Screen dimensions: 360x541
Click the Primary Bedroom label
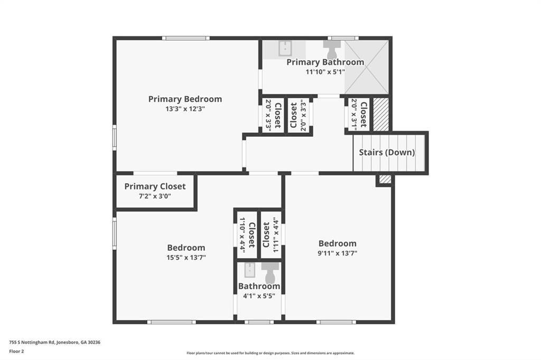(x=185, y=99)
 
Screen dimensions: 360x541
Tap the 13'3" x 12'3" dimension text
(x=185, y=109)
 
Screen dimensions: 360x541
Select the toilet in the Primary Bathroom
(x=332, y=51)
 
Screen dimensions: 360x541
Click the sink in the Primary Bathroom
(x=285, y=48)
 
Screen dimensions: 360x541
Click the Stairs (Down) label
(x=387, y=153)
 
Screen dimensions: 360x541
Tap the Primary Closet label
(x=155, y=186)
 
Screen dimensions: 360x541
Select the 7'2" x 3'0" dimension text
(x=155, y=196)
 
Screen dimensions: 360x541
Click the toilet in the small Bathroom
(x=270, y=272)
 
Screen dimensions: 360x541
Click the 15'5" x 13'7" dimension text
(x=186, y=258)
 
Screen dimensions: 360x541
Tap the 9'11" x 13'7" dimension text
(x=337, y=253)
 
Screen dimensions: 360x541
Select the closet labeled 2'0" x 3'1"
(x=358, y=113)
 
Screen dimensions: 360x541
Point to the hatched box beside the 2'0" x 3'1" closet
(x=381, y=113)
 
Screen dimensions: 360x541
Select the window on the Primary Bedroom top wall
(x=185, y=38)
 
